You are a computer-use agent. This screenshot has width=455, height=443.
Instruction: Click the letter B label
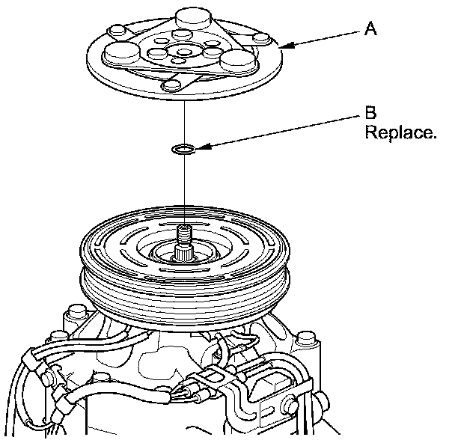tap(370, 114)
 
